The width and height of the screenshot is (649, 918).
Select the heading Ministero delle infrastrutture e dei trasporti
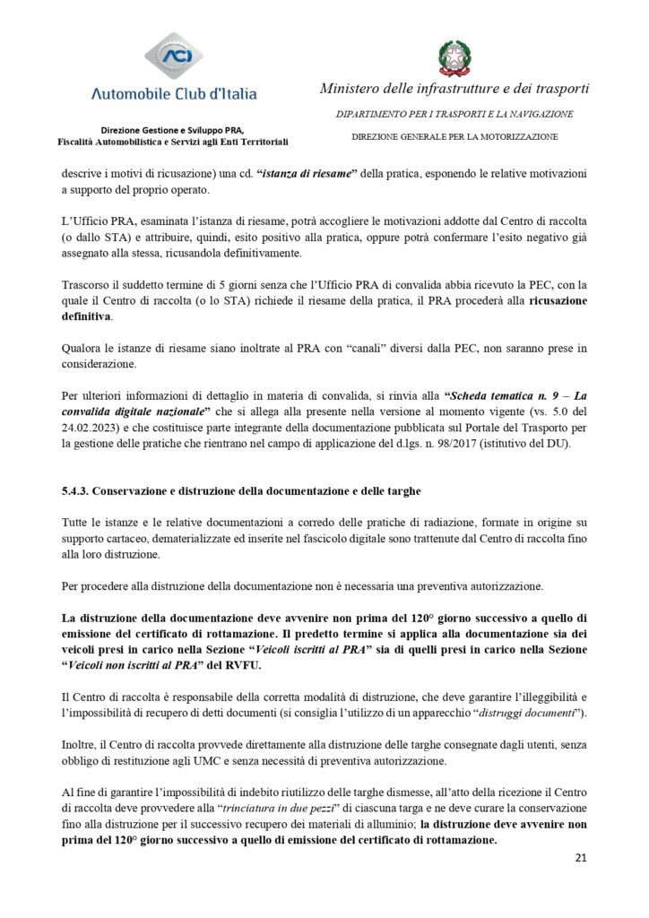pyautogui.click(x=454, y=89)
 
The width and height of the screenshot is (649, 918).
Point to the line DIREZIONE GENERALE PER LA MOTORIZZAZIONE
pyautogui.click(x=454, y=136)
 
